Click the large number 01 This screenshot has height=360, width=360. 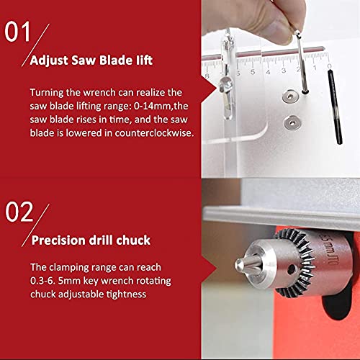coord(17,32)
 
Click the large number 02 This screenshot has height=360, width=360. coord(19,212)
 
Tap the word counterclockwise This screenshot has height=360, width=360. coord(154,133)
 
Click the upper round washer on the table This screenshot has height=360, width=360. coord(290,96)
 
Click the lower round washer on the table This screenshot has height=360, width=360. coord(292,122)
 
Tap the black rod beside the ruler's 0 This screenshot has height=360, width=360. coord(335,107)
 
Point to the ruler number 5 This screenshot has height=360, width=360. coord(253,72)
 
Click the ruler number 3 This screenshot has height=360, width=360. coord(284,71)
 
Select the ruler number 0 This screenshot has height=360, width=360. coord(329,66)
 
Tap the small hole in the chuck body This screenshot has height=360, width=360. coord(292,269)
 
